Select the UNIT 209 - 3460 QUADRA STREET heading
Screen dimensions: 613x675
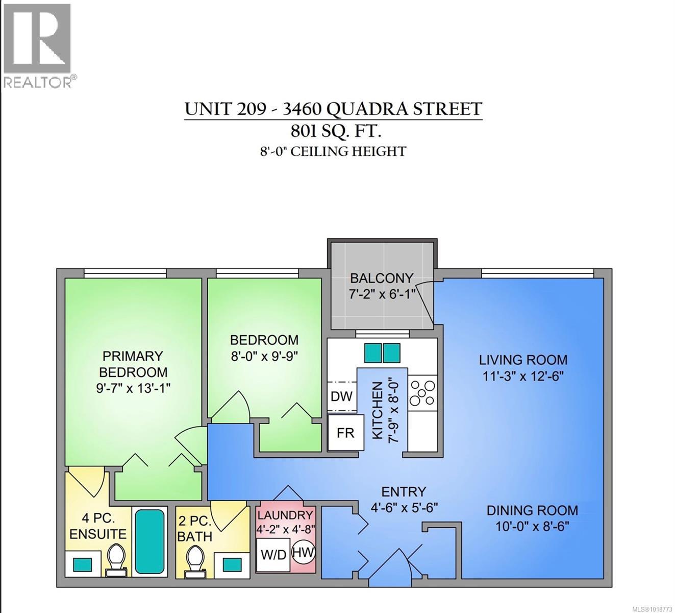[x=333, y=109]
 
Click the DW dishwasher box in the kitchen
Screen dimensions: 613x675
[x=341, y=396]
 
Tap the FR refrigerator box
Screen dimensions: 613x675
[x=345, y=432]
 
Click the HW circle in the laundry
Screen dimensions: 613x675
[x=304, y=552]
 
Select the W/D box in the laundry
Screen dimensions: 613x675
[x=273, y=555]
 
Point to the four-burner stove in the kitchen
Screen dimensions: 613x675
[x=423, y=392]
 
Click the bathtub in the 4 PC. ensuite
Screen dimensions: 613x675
[x=149, y=541]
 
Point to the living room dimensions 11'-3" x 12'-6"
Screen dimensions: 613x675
[x=523, y=376]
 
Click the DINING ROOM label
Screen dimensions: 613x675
[x=532, y=510]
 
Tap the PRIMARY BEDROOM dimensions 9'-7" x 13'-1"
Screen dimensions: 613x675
[x=133, y=388]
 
